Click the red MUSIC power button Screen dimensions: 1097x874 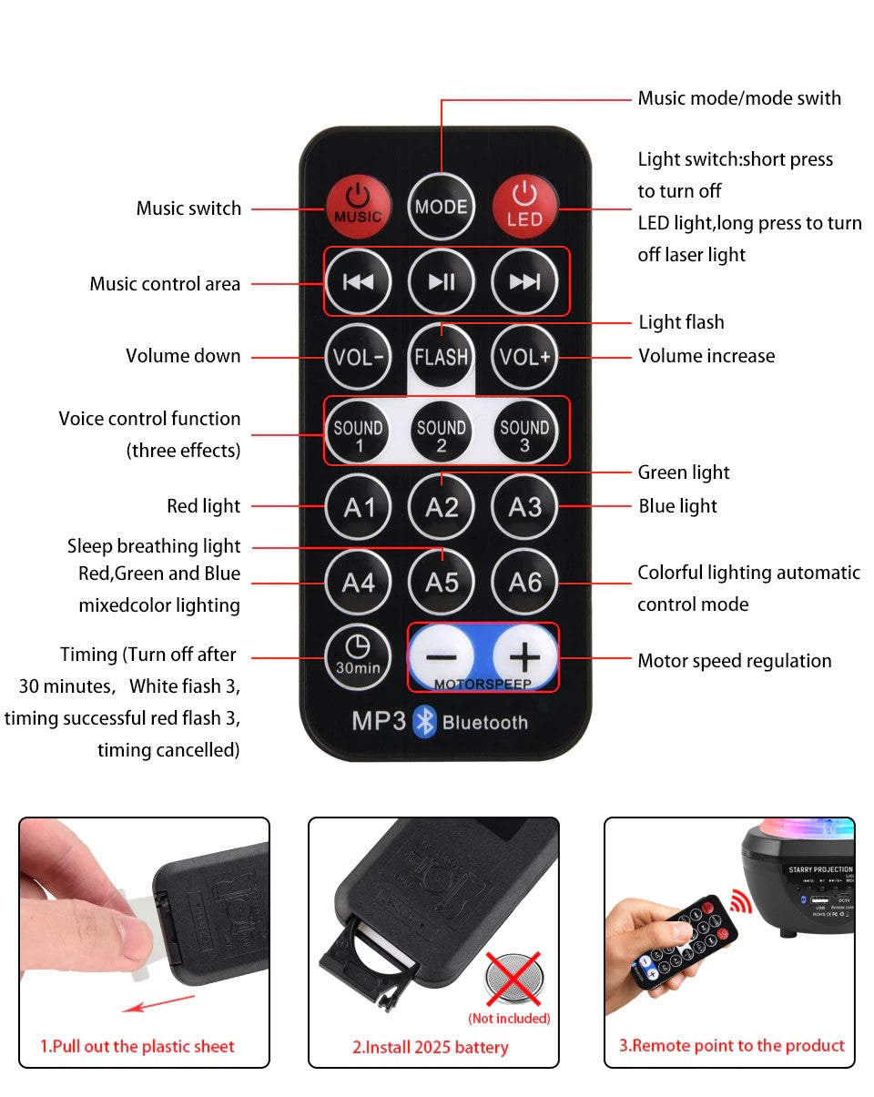(358, 206)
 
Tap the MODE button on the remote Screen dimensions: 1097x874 (442, 206)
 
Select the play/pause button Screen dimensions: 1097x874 (442, 281)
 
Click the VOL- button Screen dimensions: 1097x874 (358, 356)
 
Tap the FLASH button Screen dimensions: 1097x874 (442, 356)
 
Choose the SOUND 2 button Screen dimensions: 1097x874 (442, 433)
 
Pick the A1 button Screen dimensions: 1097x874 (358, 507)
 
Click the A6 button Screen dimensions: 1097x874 (525, 581)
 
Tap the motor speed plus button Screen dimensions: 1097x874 (525, 656)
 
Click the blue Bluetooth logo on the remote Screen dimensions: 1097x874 (425, 721)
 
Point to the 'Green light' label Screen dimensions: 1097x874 (684, 472)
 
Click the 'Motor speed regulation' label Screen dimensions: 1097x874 (734, 661)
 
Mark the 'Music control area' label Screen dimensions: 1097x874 (165, 283)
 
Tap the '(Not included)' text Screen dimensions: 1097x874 (509, 1018)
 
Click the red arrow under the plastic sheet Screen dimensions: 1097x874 (159, 1002)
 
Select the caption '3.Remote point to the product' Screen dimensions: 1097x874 (732, 1045)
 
